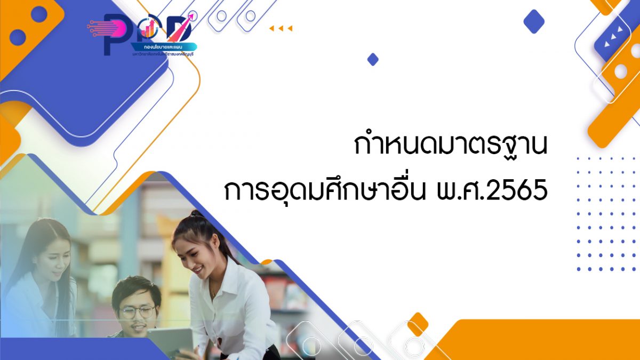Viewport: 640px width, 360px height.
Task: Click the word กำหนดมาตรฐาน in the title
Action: pyautogui.click(x=451, y=145)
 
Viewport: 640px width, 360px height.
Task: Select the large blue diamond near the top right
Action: pyautogui.click(x=533, y=21)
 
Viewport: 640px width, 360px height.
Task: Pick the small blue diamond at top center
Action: pyautogui.click(x=373, y=59)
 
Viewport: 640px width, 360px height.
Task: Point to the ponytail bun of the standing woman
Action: pyautogui.click(x=196, y=214)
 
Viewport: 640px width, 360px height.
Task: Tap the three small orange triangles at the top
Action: pyautogui.click(x=281, y=28)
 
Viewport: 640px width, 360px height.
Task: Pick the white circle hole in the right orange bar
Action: pyautogui.click(x=620, y=70)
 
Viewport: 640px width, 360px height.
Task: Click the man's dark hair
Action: pyautogui.click(x=136, y=288)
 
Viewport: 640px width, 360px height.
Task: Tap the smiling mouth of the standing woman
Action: pyautogui.click(x=197, y=269)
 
